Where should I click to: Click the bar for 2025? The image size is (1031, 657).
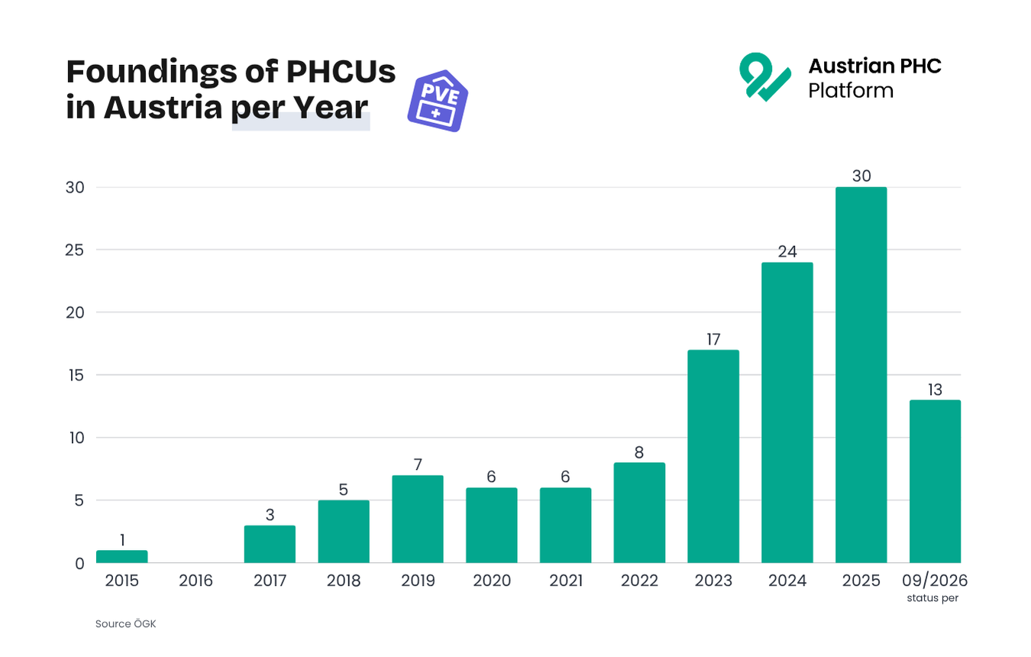pos(861,375)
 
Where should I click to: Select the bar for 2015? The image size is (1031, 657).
pos(122,556)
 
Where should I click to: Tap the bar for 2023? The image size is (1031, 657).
pos(713,456)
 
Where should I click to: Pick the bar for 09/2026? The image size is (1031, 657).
pos(935,481)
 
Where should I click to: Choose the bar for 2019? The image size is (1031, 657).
pos(418,519)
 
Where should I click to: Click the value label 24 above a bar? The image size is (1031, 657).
pos(787,251)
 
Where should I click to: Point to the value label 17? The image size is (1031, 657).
pos(713,339)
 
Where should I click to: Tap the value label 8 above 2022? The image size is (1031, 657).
pos(639,452)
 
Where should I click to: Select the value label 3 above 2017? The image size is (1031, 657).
pos(270,515)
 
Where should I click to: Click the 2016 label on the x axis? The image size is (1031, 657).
pos(196,581)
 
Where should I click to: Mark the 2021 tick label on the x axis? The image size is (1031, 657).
pos(566,581)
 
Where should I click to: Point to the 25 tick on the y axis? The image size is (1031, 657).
pos(75,250)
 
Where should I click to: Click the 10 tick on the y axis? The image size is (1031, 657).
pos(77,438)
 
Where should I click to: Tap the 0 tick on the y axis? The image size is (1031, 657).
pos(79,564)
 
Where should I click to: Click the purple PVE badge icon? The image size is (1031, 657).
pos(438,101)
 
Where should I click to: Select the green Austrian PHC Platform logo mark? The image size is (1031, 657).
pos(765,76)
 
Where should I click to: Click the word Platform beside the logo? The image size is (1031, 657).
pos(851,91)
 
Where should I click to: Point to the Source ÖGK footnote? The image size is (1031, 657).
pos(126,624)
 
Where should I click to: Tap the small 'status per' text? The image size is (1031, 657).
pos(932,598)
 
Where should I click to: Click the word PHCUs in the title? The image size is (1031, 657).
pos(341,72)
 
